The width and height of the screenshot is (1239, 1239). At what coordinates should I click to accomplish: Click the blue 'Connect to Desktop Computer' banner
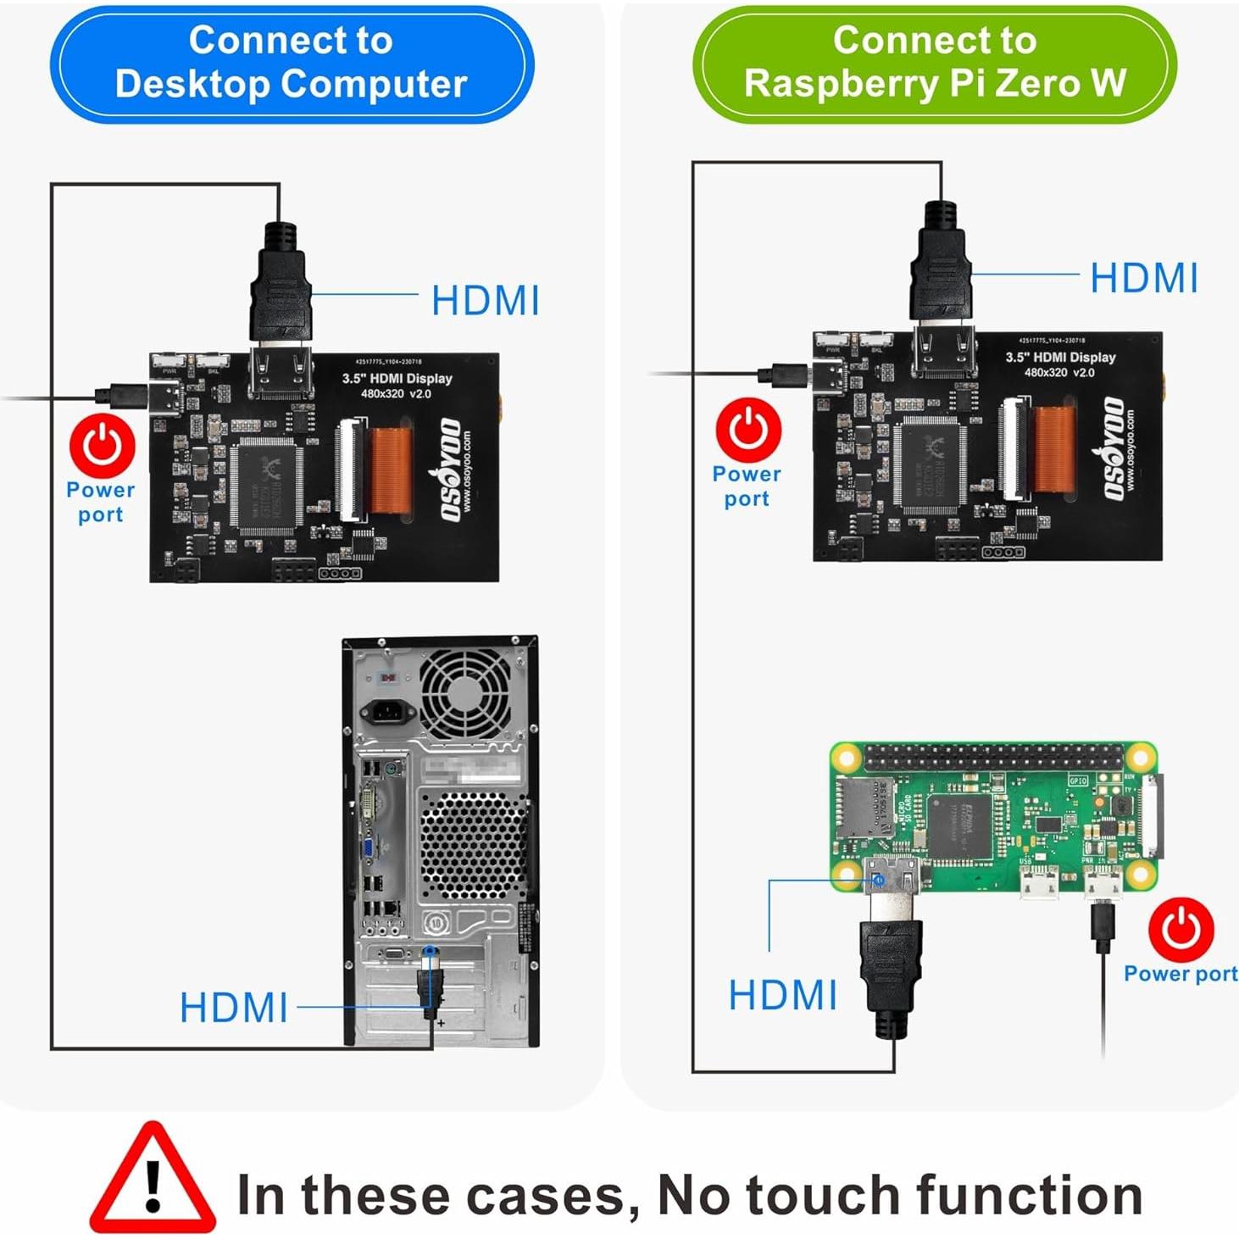click(x=291, y=63)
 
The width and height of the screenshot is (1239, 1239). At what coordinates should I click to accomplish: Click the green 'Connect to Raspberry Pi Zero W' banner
click(x=935, y=63)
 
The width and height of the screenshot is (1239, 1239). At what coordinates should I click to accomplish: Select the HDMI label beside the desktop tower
click(x=234, y=1008)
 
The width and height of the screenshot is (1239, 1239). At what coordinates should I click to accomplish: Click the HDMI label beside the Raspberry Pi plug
click(x=783, y=995)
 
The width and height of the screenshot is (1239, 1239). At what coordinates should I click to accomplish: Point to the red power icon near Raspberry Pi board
click(x=1181, y=931)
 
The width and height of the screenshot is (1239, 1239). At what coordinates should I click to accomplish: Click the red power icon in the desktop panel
click(x=103, y=446)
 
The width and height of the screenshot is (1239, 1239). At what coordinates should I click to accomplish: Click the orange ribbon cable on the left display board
click(x=391, y=469)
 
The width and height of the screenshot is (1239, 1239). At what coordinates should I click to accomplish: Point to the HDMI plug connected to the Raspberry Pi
click(x=891, y=966)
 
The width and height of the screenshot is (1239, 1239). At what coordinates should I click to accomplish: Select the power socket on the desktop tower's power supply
click(x=387, y=710)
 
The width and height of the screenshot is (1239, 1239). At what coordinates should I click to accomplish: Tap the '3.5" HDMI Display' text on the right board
click(x=1060, y=358)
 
